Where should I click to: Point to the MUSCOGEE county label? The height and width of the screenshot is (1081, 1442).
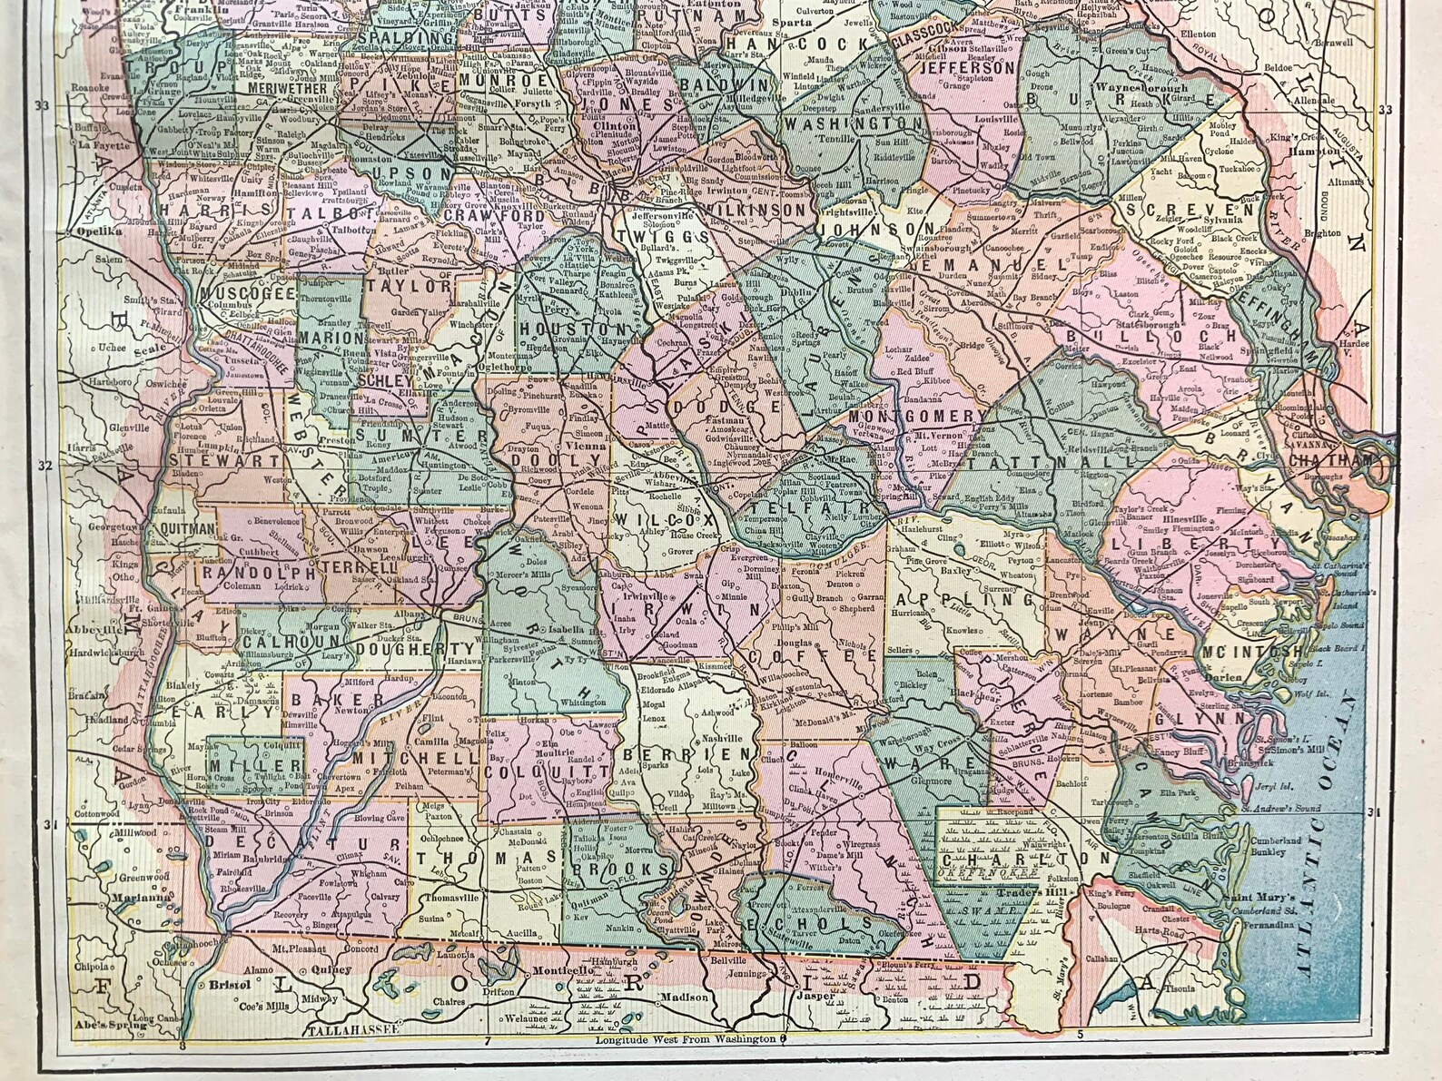point(241,294)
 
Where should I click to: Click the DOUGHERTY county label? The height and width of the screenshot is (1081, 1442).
point(415,649)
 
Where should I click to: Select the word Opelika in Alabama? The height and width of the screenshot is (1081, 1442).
point(95,231)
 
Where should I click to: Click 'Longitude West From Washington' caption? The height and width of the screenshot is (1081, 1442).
point(686,1038)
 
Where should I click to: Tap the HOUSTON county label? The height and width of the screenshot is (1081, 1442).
point(572,329)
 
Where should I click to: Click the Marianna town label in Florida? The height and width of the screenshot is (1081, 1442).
point(141,899)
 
